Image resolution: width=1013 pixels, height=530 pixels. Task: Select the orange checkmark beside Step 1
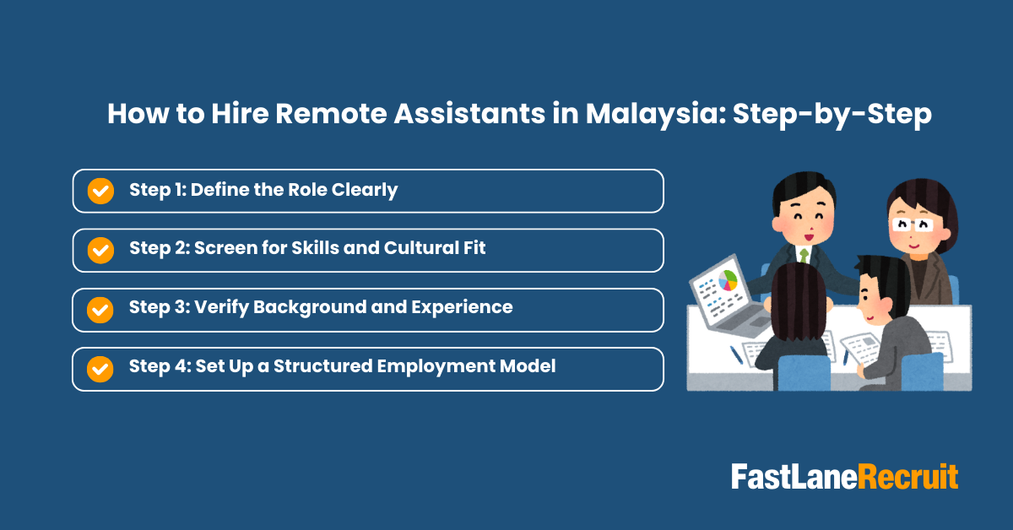click(100, 191)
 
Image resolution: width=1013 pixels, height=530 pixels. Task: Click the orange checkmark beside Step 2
click(100, 250)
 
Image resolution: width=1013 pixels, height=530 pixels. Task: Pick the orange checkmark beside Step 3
click(100, 309)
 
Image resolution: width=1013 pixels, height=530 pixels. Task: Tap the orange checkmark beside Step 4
click(100, 368)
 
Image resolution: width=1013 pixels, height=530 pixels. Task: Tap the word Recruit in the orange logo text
click(908, 477)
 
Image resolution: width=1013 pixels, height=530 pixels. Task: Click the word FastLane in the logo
click(794, 477)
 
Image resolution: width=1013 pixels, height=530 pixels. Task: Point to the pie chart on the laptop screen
click(728, 280)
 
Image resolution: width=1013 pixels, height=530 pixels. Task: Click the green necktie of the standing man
click(804, 253)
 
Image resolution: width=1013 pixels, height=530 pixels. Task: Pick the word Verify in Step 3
click(219, 308)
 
